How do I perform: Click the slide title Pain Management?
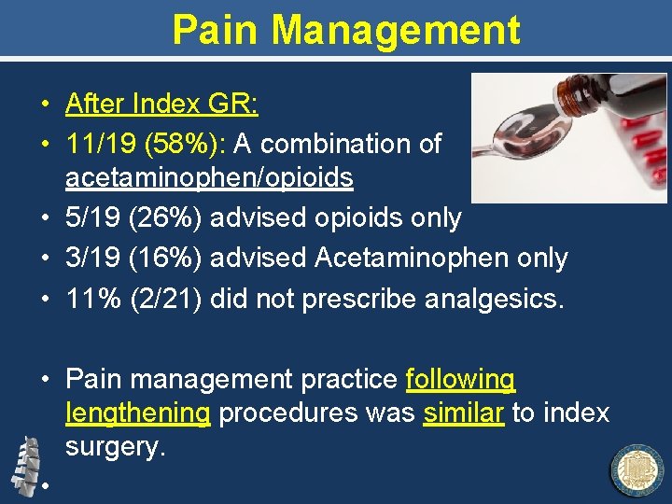[x=346, y=30]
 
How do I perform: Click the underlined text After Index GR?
[x=161, y=104]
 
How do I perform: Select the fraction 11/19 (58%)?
[x=147, y=144]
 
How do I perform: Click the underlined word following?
[x=460, y=380]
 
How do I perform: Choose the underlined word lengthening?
[x=138, y=413]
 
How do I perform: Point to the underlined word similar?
[x=464, y=413]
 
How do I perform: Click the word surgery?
[x=115, y=447]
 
